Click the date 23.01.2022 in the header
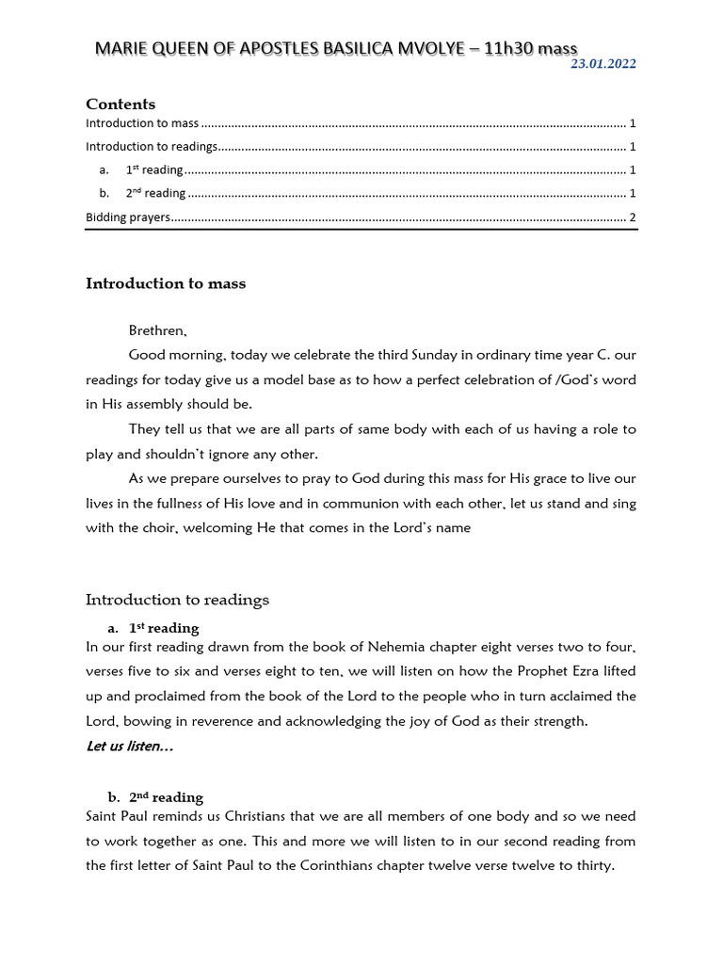pos(604,64)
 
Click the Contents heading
pos(120,104)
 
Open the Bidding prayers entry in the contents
pos(128,217)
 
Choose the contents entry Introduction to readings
pos(152,147)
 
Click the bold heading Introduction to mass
pos(166,283)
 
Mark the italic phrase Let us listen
pos(129,747)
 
